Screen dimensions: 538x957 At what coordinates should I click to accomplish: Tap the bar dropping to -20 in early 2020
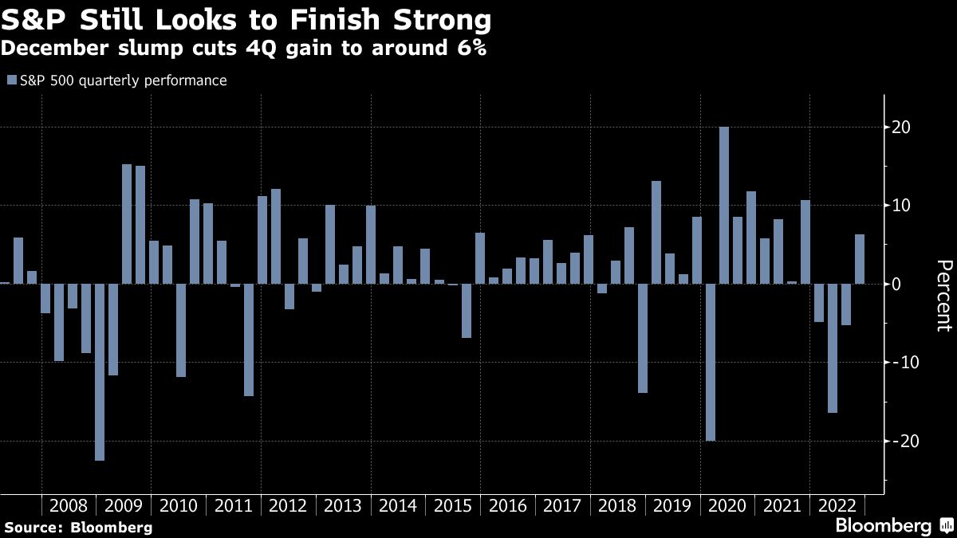(711, 362)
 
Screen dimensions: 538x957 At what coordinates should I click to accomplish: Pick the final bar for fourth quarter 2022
(860, 259)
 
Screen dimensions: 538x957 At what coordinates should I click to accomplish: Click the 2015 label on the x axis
(453, 506)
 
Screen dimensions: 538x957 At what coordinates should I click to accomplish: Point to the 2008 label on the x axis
(69, 506)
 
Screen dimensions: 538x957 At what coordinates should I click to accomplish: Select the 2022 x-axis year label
(837, 506)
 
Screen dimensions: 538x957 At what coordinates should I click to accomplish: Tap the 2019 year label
(672, 506)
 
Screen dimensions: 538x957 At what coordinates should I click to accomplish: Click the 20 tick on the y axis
(902, 128)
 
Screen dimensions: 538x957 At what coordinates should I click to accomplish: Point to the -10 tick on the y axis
(899, 363)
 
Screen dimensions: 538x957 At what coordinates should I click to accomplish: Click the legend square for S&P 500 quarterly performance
(11, 81)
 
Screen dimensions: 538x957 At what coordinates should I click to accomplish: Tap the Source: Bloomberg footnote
(78, 527)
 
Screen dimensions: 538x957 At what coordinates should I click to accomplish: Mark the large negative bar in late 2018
(643, 338)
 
